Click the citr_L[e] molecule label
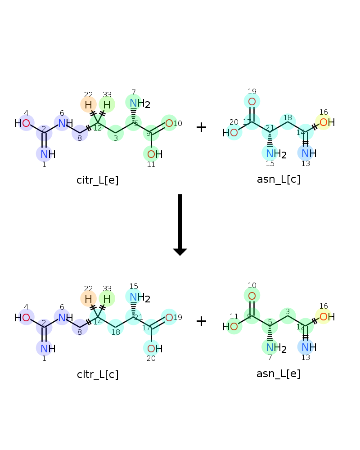pos(97,180)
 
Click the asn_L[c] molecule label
pos(279,179)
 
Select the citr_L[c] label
pos(98,374)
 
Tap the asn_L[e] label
pos(278,373)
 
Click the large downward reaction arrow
pos(180,225)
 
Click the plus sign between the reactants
pos(201,127)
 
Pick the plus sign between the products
pos(201,321)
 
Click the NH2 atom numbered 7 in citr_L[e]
pos(140,103)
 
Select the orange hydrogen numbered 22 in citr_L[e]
pos(88,105)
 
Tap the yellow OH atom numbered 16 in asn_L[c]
pos(327,122)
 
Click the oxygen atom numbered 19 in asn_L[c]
pos(252,102)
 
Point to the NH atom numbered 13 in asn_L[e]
pos(309,347)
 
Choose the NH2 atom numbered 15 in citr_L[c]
pos(140,297)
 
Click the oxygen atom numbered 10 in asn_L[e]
pos(252,296)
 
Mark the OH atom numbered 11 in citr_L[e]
pos(155,154)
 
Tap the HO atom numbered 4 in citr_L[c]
pos(22,317)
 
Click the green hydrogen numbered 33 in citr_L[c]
pos(107,299)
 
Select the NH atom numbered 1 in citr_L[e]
pos(48,154)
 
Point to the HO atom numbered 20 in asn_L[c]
pos(230,133)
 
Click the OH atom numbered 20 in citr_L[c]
pos(155,349)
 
